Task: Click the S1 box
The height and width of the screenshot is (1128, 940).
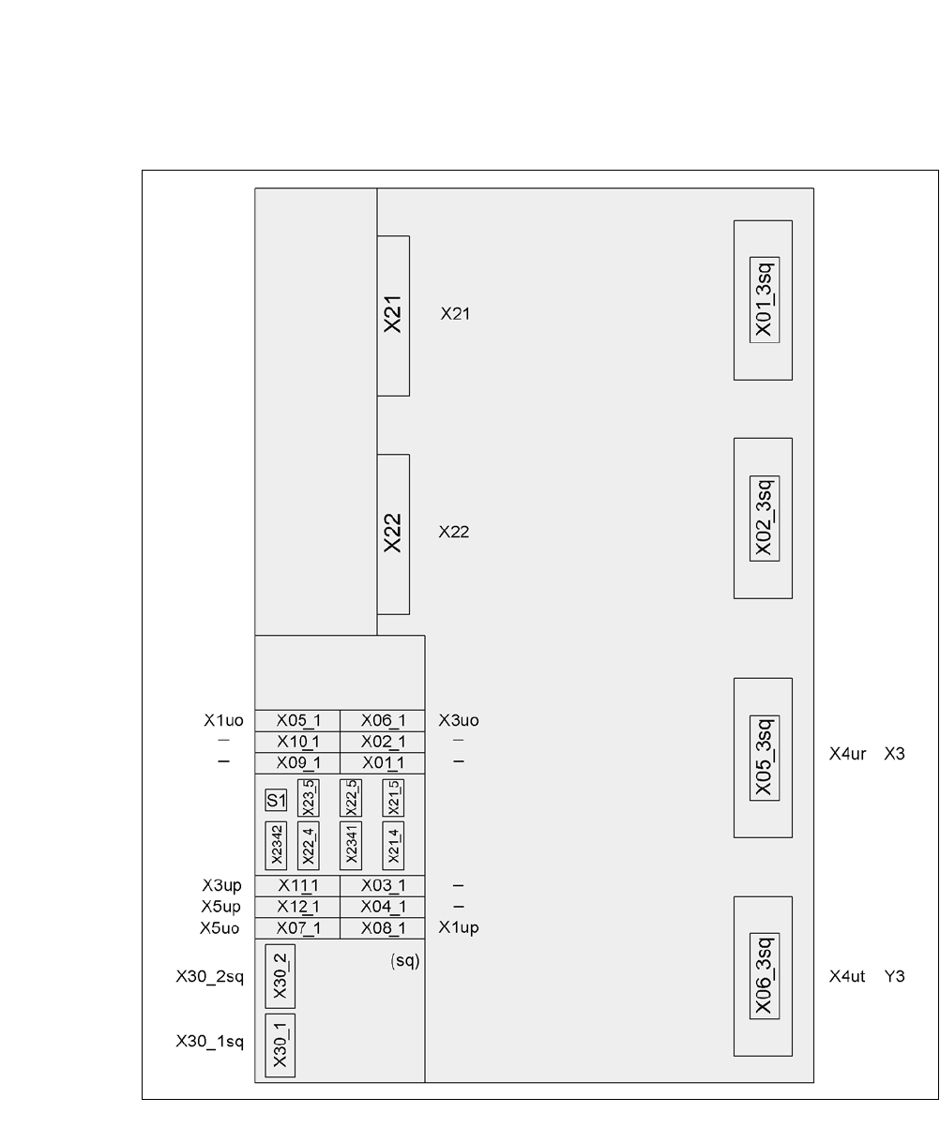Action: pos(275,800)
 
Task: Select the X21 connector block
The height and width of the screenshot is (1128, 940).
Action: pos(393,315)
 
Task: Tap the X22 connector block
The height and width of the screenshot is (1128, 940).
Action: pos(393,534)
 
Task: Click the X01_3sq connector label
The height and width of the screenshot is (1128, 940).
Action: pos(764,300)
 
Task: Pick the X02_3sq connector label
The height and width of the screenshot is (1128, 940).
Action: pos(764,518)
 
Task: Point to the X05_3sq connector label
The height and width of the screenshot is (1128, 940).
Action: pos(764,758)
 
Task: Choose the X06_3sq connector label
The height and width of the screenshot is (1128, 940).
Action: pos(764,976)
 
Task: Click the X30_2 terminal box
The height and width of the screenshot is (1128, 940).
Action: pos(280,975)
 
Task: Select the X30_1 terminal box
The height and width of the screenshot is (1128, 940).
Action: pos(280,1045)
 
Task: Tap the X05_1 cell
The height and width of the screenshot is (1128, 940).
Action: pos(297,721)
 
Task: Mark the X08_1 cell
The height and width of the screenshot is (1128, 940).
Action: pos(383,928)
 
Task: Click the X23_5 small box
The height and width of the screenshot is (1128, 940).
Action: pos(307,798)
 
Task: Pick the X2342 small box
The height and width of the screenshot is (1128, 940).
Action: pos(276,846)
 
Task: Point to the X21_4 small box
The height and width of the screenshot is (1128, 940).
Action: pos(393,846)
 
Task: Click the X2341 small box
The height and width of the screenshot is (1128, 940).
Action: pos(351,846)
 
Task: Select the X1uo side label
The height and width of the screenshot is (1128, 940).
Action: pos(223,721)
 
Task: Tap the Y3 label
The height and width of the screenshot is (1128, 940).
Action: pos(894,976)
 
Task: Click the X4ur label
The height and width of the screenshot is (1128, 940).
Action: pos(847,753)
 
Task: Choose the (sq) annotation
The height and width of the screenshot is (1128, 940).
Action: pos(404,962)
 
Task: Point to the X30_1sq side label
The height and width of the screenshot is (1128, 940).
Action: pos(209,1042)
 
